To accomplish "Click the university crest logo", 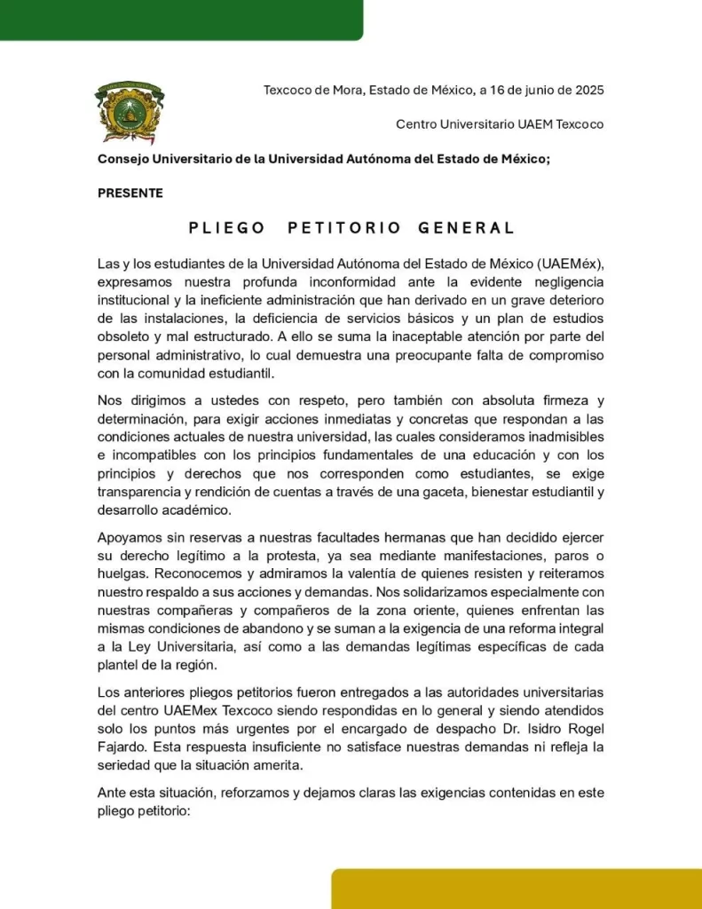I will pos(130,112).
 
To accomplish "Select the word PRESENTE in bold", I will pos(130,193).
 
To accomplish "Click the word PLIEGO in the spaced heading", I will pos(227,228).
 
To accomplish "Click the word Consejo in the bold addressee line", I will pos(123,159).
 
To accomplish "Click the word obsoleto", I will pos(125,336).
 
